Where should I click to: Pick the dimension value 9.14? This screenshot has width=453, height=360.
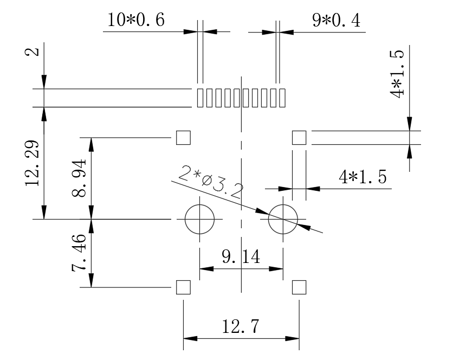[241, 256]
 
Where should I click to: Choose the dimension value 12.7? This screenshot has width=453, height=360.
[241, 326]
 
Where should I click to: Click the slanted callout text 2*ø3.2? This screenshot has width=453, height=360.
[211, 182]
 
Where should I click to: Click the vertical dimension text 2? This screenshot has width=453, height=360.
[34, 52]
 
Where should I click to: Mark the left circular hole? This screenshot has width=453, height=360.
[199, 220]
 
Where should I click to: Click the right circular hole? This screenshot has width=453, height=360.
[283, 220]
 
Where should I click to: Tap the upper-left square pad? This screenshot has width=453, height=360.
[184, 138]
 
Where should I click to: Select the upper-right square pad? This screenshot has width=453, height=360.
[299, 138]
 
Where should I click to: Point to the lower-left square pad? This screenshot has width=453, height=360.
[184, 287]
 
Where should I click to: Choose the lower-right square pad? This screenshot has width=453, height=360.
[299, 287]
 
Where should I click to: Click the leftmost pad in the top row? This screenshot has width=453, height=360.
[200, 98]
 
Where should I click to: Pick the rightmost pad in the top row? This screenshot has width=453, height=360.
[282, 98]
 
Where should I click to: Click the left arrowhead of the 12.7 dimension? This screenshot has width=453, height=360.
[189, 339]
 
